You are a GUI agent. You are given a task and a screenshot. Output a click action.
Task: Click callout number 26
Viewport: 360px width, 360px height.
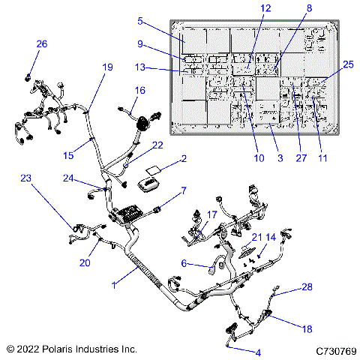tap(41, 44)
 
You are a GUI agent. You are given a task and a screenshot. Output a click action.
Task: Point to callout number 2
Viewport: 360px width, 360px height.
tap(183, 159)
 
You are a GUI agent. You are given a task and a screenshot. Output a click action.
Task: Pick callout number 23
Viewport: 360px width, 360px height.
tap(26, 178)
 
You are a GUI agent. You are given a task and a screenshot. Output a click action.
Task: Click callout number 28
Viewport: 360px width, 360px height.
tap(307, 287)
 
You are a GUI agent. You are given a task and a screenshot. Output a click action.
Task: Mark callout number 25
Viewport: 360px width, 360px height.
tap(348, 64)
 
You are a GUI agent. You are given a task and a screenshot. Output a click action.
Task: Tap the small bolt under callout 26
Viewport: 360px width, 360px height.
tap(28, 76)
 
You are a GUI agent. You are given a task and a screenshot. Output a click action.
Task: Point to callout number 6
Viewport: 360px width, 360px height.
tap(183, 262)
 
